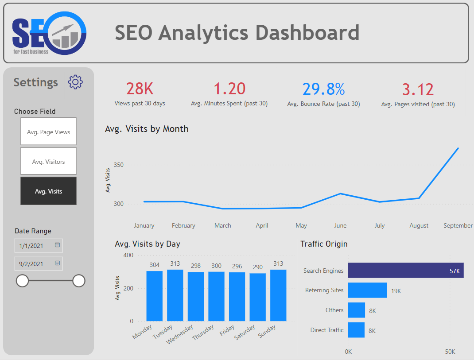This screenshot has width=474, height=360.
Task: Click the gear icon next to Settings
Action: [75, 82]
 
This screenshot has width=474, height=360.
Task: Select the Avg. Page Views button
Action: [48, 132]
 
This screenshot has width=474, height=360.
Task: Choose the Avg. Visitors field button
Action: [48, 161]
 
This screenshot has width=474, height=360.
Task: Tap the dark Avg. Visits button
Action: [48, 191]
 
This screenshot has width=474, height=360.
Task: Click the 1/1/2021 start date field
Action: [33, 245]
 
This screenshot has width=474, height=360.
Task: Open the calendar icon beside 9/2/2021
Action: [57, 263]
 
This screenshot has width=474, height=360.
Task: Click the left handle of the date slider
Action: [22, 281]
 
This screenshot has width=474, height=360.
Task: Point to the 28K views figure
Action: [140, 89]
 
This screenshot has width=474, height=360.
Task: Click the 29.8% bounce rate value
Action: [323, 89]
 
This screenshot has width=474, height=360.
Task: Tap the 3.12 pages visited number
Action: [418, 89]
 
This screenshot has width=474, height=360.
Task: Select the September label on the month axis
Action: [458, 225]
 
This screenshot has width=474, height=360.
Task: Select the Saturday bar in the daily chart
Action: [257, 297]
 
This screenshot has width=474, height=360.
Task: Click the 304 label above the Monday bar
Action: [154, 265]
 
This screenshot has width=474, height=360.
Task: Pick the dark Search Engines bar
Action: [405, 271]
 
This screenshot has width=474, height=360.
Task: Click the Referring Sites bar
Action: [367, 290]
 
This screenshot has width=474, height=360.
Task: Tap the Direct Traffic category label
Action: [327, 330]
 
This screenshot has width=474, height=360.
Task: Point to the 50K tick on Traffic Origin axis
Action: [450, 352]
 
